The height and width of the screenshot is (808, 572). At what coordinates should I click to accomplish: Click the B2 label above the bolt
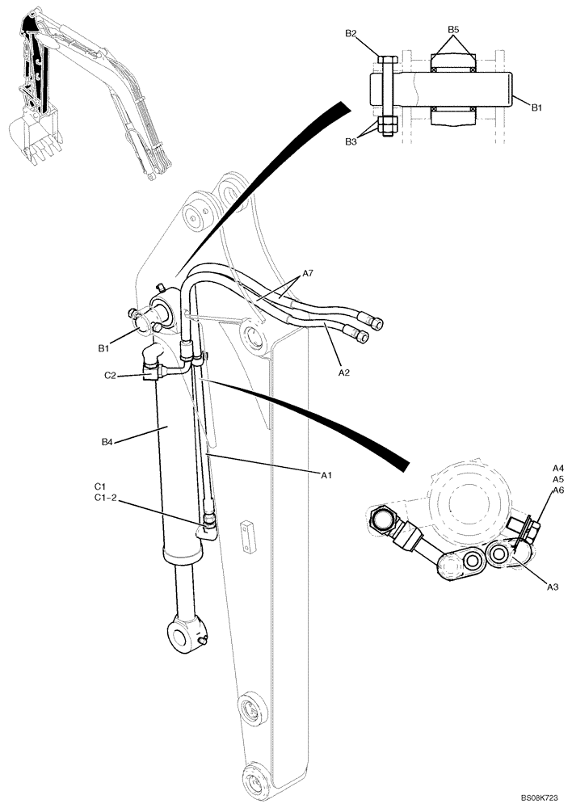click(x=351, y=33)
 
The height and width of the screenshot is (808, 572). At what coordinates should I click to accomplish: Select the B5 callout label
click(x=453, y=30)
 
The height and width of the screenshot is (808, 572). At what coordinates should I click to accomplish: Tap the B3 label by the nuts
click(x=351, y=142)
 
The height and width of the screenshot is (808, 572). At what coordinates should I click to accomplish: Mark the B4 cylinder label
click(x=107, y=442)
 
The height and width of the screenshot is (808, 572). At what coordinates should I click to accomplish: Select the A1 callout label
click(x=326, y=476)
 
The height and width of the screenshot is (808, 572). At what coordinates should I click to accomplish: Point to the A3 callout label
click(x=553, y=587)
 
